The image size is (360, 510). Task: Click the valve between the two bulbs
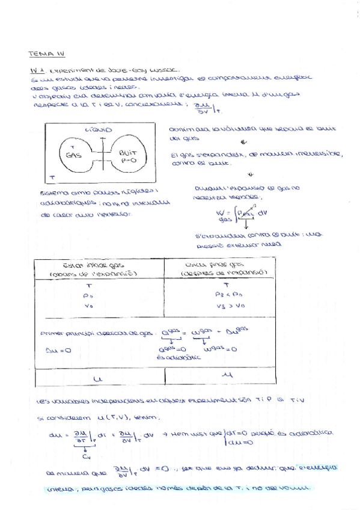(x=103, y=156)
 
